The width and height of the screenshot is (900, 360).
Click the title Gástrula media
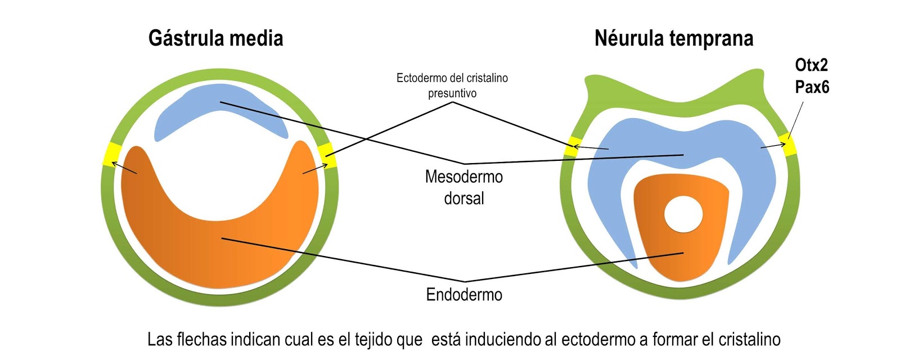(215, 38)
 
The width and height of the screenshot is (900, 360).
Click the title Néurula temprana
(673, 38)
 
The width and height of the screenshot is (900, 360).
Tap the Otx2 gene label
(811, 65)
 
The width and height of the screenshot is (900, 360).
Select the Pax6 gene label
(812, 87)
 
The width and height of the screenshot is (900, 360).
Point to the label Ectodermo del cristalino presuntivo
(452, 85)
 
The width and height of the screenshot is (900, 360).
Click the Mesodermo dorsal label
(463, 187)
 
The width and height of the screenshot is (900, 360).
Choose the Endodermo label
(463, 294)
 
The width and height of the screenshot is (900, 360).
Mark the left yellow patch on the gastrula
(111, 155)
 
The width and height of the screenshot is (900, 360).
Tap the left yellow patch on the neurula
(573, 146)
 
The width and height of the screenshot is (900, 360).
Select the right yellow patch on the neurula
(789, 144)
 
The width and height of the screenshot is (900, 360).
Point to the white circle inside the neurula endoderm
(683, 214)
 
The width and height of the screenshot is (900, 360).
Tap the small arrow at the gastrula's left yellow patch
(124, 168)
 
